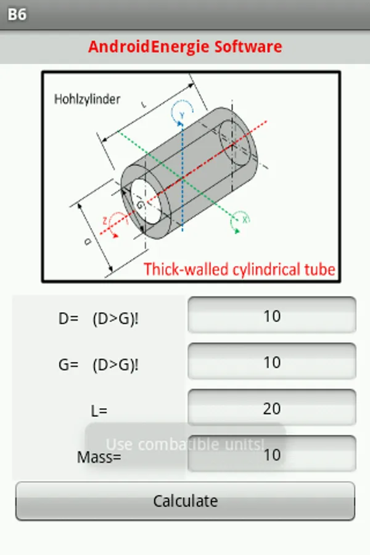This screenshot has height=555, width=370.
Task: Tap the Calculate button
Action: coord(185,501)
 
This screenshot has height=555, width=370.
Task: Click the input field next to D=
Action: coord(272,316)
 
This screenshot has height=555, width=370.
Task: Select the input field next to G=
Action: coord(272,362)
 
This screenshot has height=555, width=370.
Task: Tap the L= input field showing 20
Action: coord(272,408)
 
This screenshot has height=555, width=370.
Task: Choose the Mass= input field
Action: coord(272,454)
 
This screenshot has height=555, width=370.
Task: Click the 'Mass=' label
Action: coord(99,458)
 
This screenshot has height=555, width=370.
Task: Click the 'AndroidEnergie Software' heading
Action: coord(185,46)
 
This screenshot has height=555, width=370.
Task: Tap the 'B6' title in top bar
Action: coord(17,14)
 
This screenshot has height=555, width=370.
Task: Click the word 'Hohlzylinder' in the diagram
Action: coord(87,99)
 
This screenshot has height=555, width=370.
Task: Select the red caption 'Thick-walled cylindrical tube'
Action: coord(239,269)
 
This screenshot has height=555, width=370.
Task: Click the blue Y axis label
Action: coord(183,115)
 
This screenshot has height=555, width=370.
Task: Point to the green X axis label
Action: coord(244,218)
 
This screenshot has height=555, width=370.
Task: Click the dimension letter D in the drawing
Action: coord(88,242)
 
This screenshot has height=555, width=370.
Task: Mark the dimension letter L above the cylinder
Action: coord(144,106)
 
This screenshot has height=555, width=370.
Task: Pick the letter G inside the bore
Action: coord(139,204)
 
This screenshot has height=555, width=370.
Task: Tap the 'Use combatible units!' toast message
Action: coord(185,444)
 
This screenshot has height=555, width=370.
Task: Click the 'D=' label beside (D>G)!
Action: coord(68,319)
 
